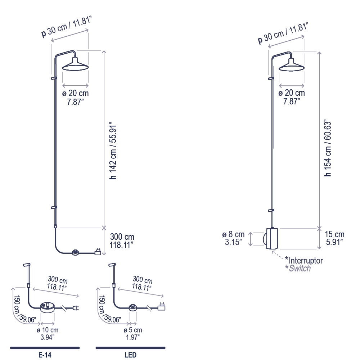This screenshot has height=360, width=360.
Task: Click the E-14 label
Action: click(x=45, y=355)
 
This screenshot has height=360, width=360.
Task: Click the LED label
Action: click(x=130, y=355)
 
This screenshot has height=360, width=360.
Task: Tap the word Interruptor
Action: click(x=306, y=261)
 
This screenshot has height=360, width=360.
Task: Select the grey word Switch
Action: click(x=300, y=268)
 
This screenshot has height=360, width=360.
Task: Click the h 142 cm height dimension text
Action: click(x=113, y=152)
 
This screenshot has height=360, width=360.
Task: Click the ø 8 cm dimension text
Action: click(x=233, y=234)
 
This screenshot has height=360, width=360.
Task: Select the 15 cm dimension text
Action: click(x=334, y=234)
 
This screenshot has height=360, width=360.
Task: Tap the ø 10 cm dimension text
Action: click(x=47, y=330)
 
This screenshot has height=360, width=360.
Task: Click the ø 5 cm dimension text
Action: click(x=133, y=330)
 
